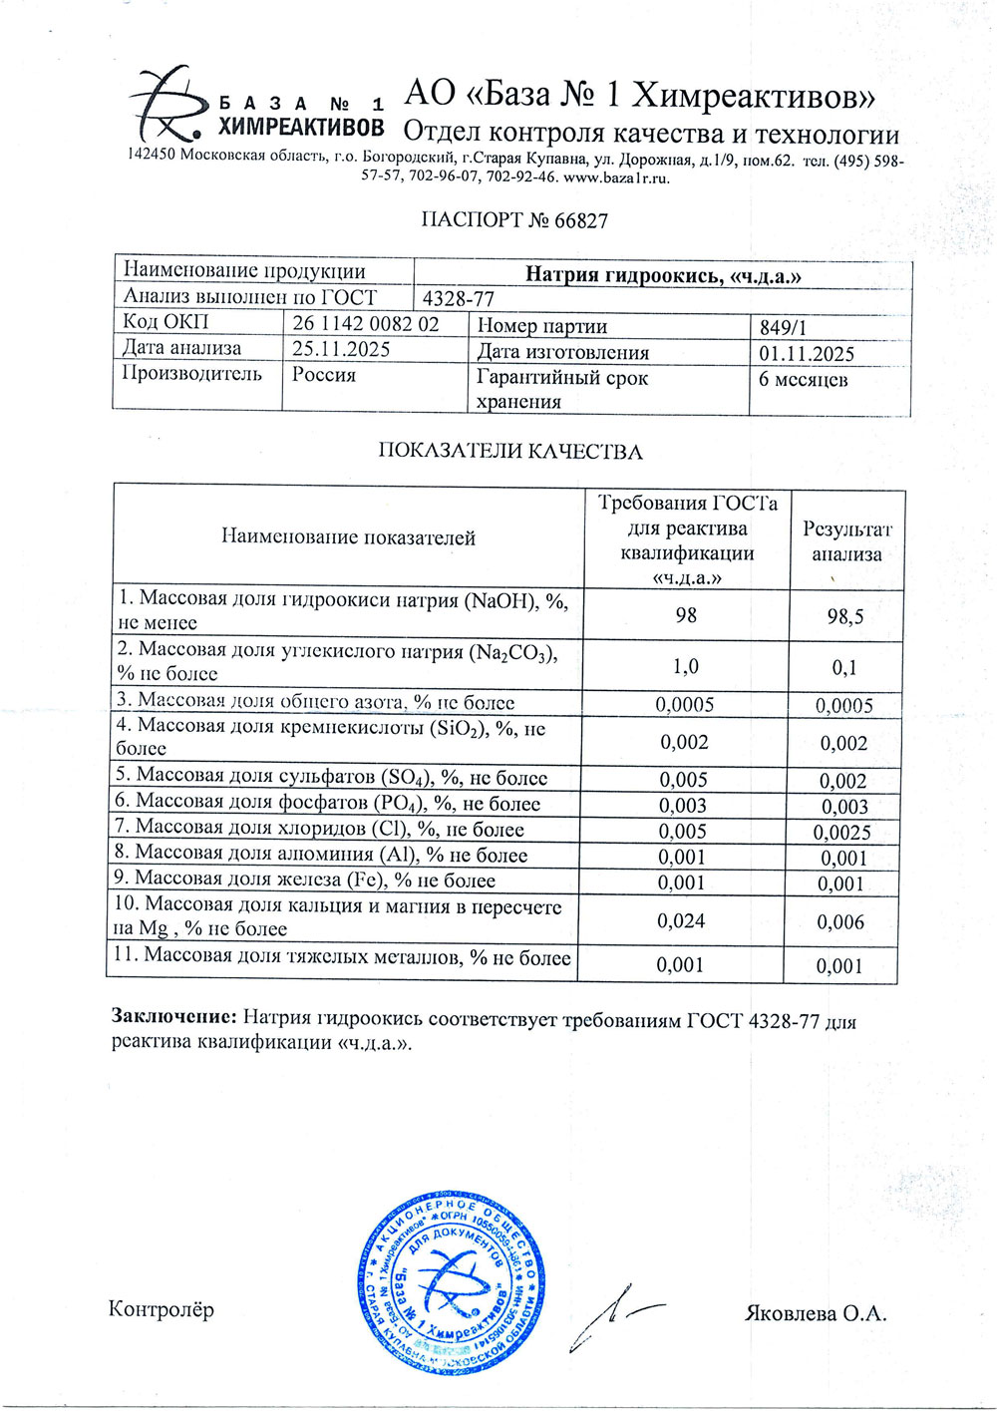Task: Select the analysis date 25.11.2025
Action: pos(341,349)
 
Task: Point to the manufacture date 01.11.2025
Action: pos(807,354)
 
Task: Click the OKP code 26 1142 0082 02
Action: pos(365,324)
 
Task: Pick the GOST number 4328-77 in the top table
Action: pos(459,298)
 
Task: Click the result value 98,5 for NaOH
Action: pos(844,617)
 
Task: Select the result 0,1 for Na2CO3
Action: pos(844,667)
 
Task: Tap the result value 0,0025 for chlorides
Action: pos(841,832)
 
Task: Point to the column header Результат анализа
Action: pos(846,541)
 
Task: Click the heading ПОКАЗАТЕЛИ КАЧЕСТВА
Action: pos(509,452)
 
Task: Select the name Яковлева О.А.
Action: pos(816,1313)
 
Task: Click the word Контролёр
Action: pos(161,1309)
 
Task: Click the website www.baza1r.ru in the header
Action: pos(617,178)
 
